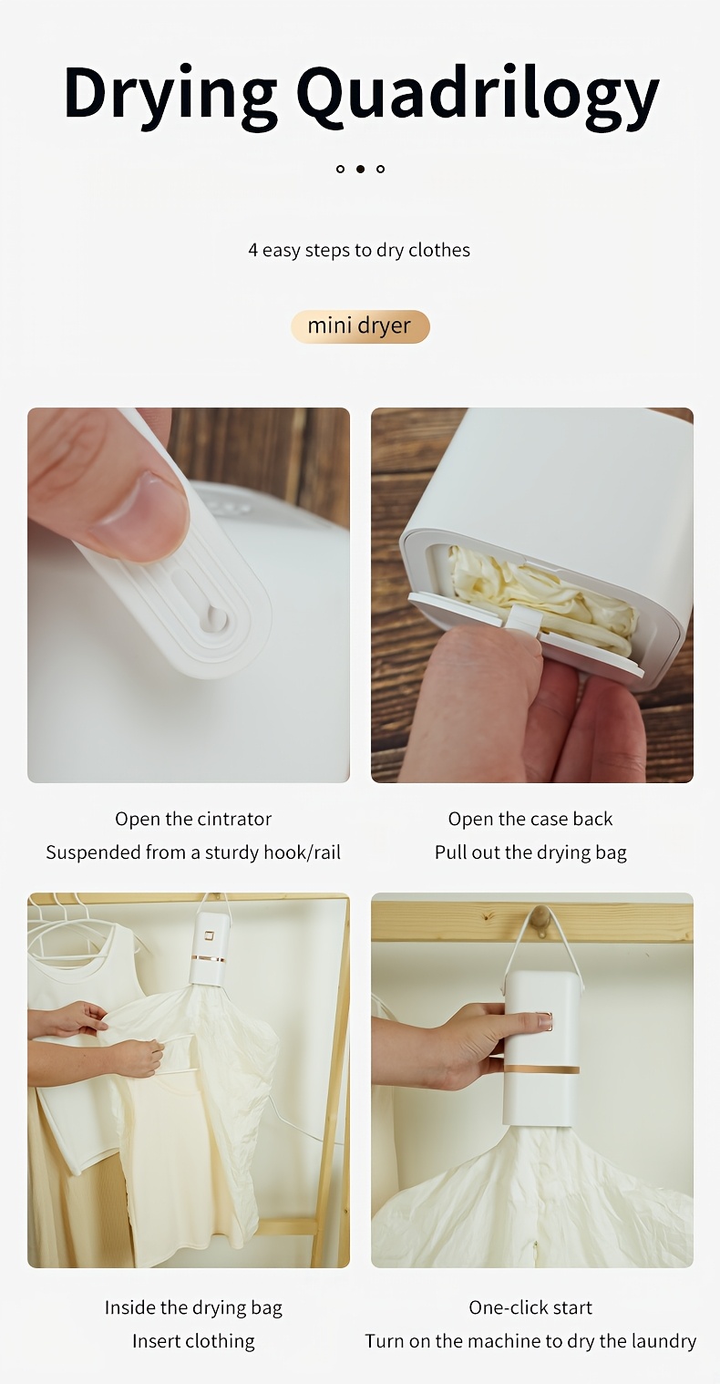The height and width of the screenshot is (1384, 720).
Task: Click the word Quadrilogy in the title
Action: tap(482, 95)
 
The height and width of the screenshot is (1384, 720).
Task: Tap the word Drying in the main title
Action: tap(170, 95)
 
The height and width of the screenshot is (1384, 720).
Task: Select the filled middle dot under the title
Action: tap(361, 169)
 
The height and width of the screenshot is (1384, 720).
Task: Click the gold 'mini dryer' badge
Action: tap(360, 326)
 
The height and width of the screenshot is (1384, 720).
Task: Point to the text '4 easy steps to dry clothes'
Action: tap(359, 250)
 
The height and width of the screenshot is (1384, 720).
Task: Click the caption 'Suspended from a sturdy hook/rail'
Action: tap(193, 852)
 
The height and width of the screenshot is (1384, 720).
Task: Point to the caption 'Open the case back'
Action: tap(530, 819)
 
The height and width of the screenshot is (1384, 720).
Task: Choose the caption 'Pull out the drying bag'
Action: tap(530, 852)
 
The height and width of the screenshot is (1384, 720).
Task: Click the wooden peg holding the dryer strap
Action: tap(541, 915)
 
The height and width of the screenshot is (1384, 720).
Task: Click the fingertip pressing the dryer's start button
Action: tap(544, 1021)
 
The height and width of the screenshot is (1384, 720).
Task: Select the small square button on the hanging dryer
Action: tap(209, 936)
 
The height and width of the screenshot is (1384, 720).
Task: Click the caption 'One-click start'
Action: tap(530, 1307)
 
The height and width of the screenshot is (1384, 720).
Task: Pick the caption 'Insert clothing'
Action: tap(193, 1341)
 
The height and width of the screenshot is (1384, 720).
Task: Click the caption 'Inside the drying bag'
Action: tap(193, 1307)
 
